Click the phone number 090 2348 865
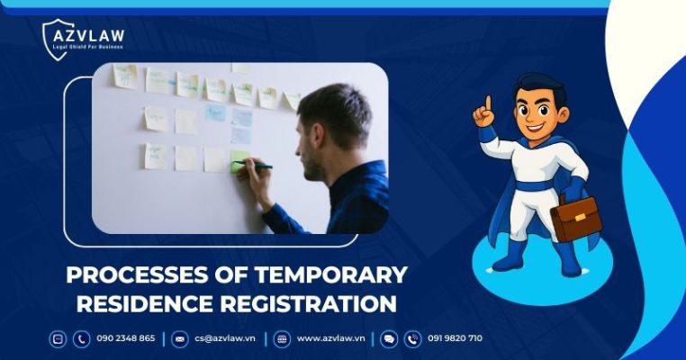pyautogui.click(x=125, y=338)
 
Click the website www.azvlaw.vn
pyautogui.click(x=330, y=338)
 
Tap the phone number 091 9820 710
pyautogui.click(x=456, y=338)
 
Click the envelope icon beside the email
pyautogui.click(x=179, y=339)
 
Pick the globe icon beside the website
pyautogui.click(x=282, y=339)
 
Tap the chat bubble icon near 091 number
pyautogui.click(x=389, y=339)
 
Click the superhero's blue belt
pyautogui.click(x=537, y=186)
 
